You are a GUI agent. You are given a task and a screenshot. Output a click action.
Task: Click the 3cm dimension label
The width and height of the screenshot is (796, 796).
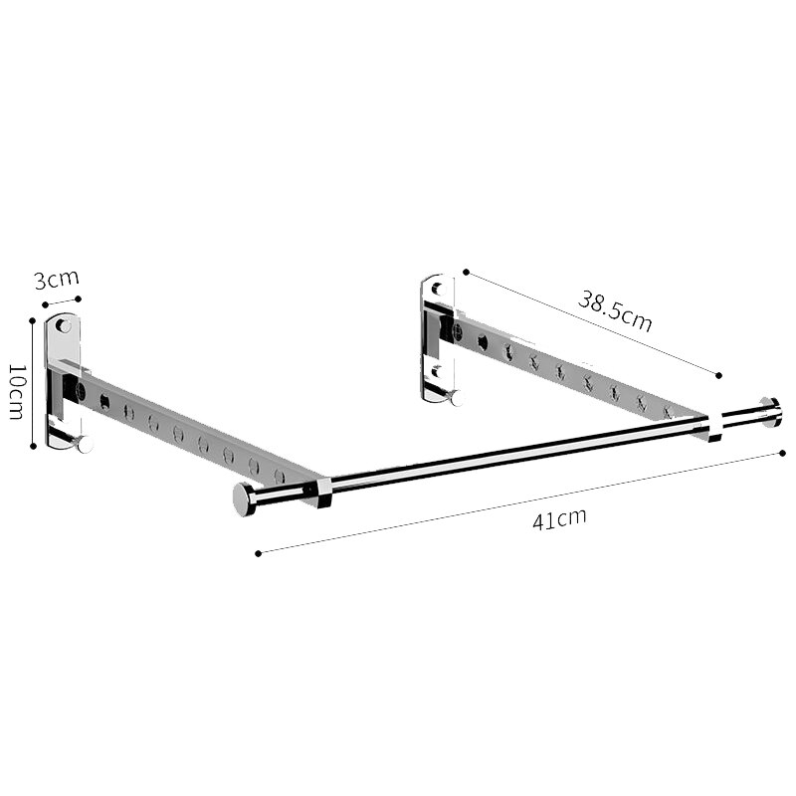(x=56, y=280)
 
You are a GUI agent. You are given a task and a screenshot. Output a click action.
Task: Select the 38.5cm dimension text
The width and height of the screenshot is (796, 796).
(x=615, y=310)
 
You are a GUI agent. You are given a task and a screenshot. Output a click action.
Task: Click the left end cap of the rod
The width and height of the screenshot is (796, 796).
(x=244, y=499)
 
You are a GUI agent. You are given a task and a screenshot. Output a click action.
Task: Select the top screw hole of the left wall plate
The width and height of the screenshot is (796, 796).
(x=63, y=325)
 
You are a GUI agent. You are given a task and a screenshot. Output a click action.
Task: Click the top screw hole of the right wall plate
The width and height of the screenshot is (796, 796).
(x=436, y=289)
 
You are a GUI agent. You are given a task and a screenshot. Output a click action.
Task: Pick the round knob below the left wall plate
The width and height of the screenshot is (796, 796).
(x=85, y=444)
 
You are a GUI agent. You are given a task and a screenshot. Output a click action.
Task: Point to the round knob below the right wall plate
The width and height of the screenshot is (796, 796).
(x=457, y=398)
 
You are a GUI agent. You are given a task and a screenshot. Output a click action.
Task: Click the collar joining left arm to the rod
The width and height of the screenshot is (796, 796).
(x=319, y=491)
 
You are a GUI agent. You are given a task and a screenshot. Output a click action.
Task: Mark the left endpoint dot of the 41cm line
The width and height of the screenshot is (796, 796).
(x=258, y=553)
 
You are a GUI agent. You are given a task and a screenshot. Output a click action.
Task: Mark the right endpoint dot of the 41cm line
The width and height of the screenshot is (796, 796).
(x=784, y=454)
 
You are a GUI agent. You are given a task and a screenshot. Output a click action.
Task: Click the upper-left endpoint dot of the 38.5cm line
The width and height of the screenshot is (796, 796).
(x=465, y=271)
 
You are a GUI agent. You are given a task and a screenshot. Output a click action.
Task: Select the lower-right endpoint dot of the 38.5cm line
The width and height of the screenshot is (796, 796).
(x=718, y=375)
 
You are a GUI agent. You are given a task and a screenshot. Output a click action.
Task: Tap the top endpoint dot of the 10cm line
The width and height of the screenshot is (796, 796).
(x=34, y=320)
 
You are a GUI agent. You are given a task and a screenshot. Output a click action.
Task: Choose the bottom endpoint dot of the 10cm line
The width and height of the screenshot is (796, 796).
(x=34, y=446)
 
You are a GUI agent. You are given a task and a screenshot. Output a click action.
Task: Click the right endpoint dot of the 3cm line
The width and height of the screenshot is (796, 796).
(x=80, y=298)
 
